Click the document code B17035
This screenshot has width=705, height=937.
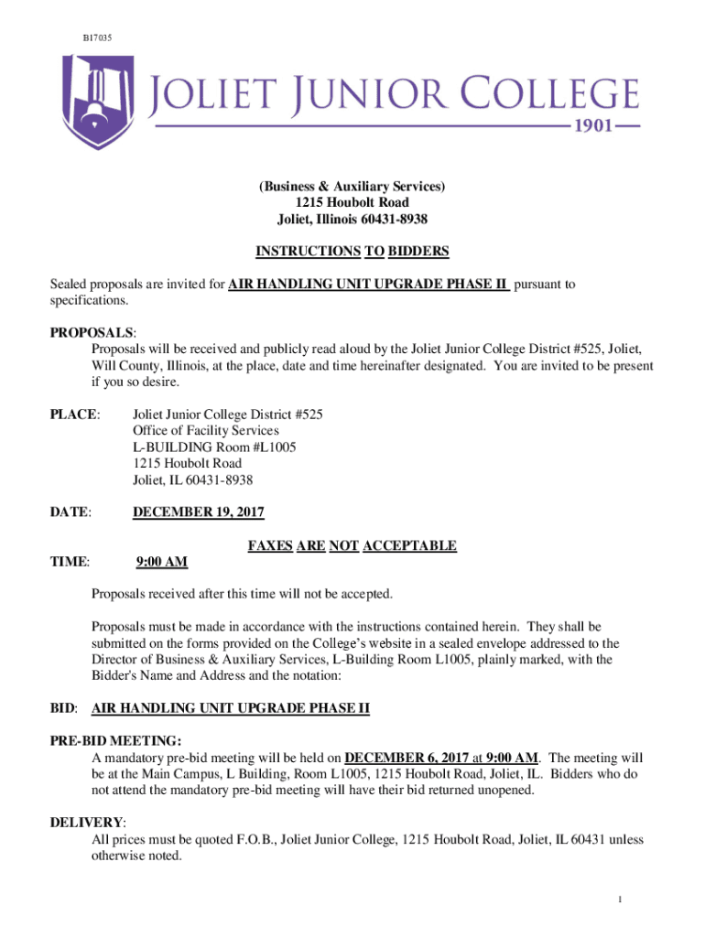pyautogui.click(x=95, y=37)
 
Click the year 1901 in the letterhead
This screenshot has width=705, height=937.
pyautogui.click(x=603, y=127)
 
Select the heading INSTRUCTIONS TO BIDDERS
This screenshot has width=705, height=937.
pyautogui.click(x=352, y=251)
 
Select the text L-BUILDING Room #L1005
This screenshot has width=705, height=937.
pyautogui.click(x=214, y=447)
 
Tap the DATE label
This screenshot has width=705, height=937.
pyautogui.click(x=70, y=512)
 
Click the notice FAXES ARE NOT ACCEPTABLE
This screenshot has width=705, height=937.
pyautogui.click(x=352, y=546)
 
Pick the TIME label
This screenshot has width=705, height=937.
pyautogui.click(x=70, y=562)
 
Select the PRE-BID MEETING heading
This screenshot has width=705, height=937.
pyautogui.click(x=114, y=740)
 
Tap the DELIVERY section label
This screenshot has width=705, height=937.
pyautogui.click(x=87, y=823)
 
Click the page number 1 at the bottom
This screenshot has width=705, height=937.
pyautogui.click(x=620, y=899)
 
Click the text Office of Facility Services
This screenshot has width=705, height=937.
pyautogui.click(x=218, y=431)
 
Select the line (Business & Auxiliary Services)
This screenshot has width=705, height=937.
pyautogui.click(x=352, y=187)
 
